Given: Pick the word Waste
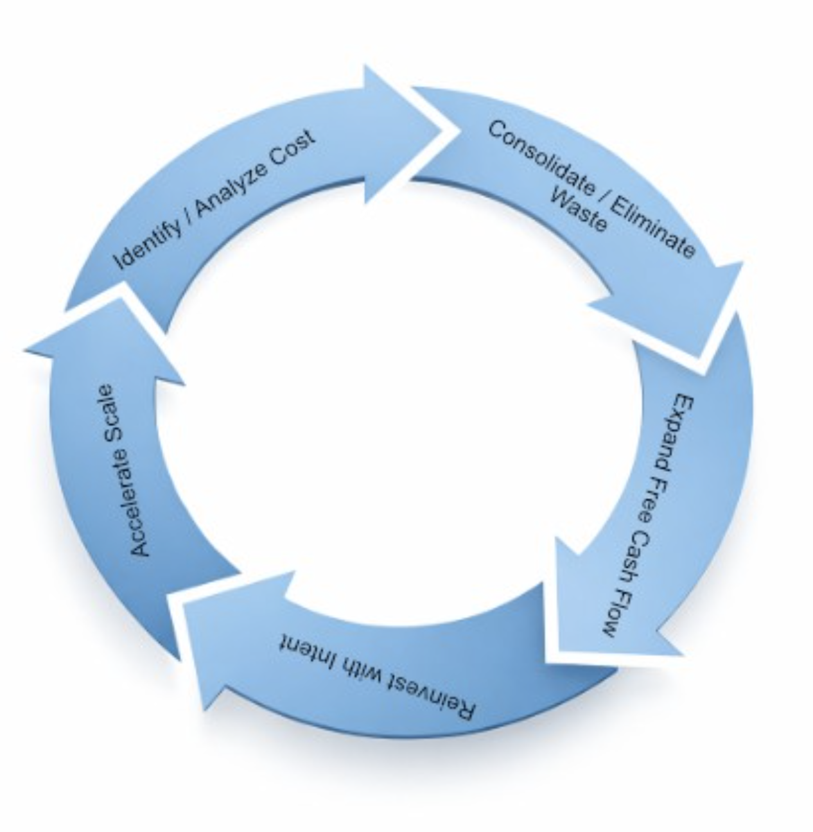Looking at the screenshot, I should (x=579, y=210).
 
